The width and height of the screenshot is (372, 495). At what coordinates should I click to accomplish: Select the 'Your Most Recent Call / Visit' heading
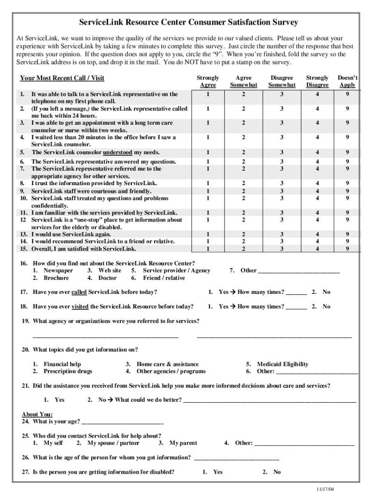[x=62, y=78]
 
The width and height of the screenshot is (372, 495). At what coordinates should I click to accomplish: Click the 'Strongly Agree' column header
[x=208, y=81]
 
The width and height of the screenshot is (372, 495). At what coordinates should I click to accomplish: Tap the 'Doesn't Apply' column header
[x=347, y=81]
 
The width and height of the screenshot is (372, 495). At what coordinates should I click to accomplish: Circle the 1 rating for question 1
[x=208, y=94]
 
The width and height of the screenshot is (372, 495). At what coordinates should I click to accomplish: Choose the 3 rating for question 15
[x=282, y=249]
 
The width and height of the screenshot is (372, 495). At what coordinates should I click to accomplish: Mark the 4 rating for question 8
[x=317, y=183]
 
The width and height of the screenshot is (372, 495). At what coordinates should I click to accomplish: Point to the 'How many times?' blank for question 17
[x=297, y=293]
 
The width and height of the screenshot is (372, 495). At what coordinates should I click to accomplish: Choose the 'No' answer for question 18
[x=327, y=306]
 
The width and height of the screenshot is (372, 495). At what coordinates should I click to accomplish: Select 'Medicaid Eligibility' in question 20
[x=283, y=364]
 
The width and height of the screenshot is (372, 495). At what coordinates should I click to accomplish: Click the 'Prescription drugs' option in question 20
[x=68, y=371]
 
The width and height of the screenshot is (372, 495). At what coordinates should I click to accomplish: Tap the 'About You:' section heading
[x=37, y=414]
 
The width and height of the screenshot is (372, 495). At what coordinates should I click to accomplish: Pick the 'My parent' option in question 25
[x=183, y=443]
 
